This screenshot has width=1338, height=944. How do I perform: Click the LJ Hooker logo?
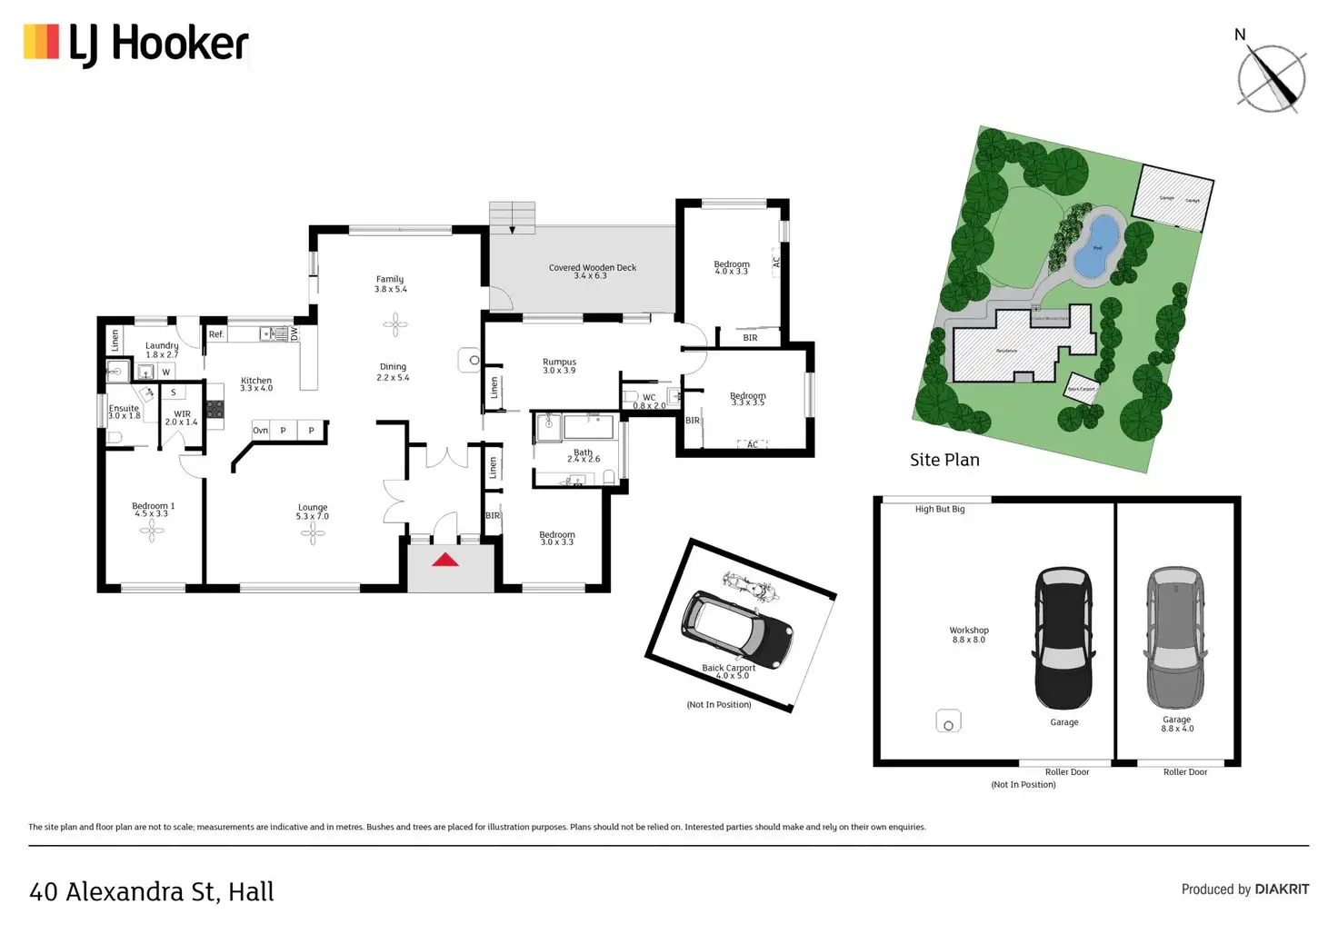pyautogui.click(x=136, y=45)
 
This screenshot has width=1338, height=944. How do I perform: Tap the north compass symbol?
pyautogui.click(x=1271, y=78)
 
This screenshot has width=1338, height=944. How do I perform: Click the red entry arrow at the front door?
pyautogui.click(x=445, y=560)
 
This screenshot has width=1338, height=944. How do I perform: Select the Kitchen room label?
pyautogui.click(x=256, y=381)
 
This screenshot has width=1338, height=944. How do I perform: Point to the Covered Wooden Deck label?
pyautogui.click(x=593, y=268)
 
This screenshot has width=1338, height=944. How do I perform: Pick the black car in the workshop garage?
pyautogui.click(x=1063, y=638)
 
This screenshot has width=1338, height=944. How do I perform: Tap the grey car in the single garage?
pyautogui.click(x=1175, y=638)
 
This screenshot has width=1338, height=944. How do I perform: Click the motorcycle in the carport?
pyautogui.click(x=751, y=586)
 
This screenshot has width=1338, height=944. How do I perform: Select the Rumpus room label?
pyautogui.click(x=559, y=362)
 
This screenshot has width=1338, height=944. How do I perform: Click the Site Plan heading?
pyautogui.click(x=944, y=460)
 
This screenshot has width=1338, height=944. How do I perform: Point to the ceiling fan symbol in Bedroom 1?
pyautogui.click(x=152, y=532)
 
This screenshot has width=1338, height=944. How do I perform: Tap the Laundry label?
pyautogui.click(x=162, y=345)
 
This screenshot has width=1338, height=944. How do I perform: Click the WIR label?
pyautogui.click(x=182, y=414)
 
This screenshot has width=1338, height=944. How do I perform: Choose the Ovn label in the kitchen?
pyautogui.click(x=261, y=431)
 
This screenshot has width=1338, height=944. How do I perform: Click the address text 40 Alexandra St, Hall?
pyautogui.click(x=152, y=892)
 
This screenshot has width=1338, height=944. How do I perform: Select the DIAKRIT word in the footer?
pyautogui.click(x=1282, y=889)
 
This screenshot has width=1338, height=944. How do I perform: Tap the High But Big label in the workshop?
pyautogui.click(x=940, y=510)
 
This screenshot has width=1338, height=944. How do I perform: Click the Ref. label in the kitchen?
pyautogui.click(x=216, y=334)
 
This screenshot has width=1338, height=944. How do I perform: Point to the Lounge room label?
pyautogui.click(x=313, y=508)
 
